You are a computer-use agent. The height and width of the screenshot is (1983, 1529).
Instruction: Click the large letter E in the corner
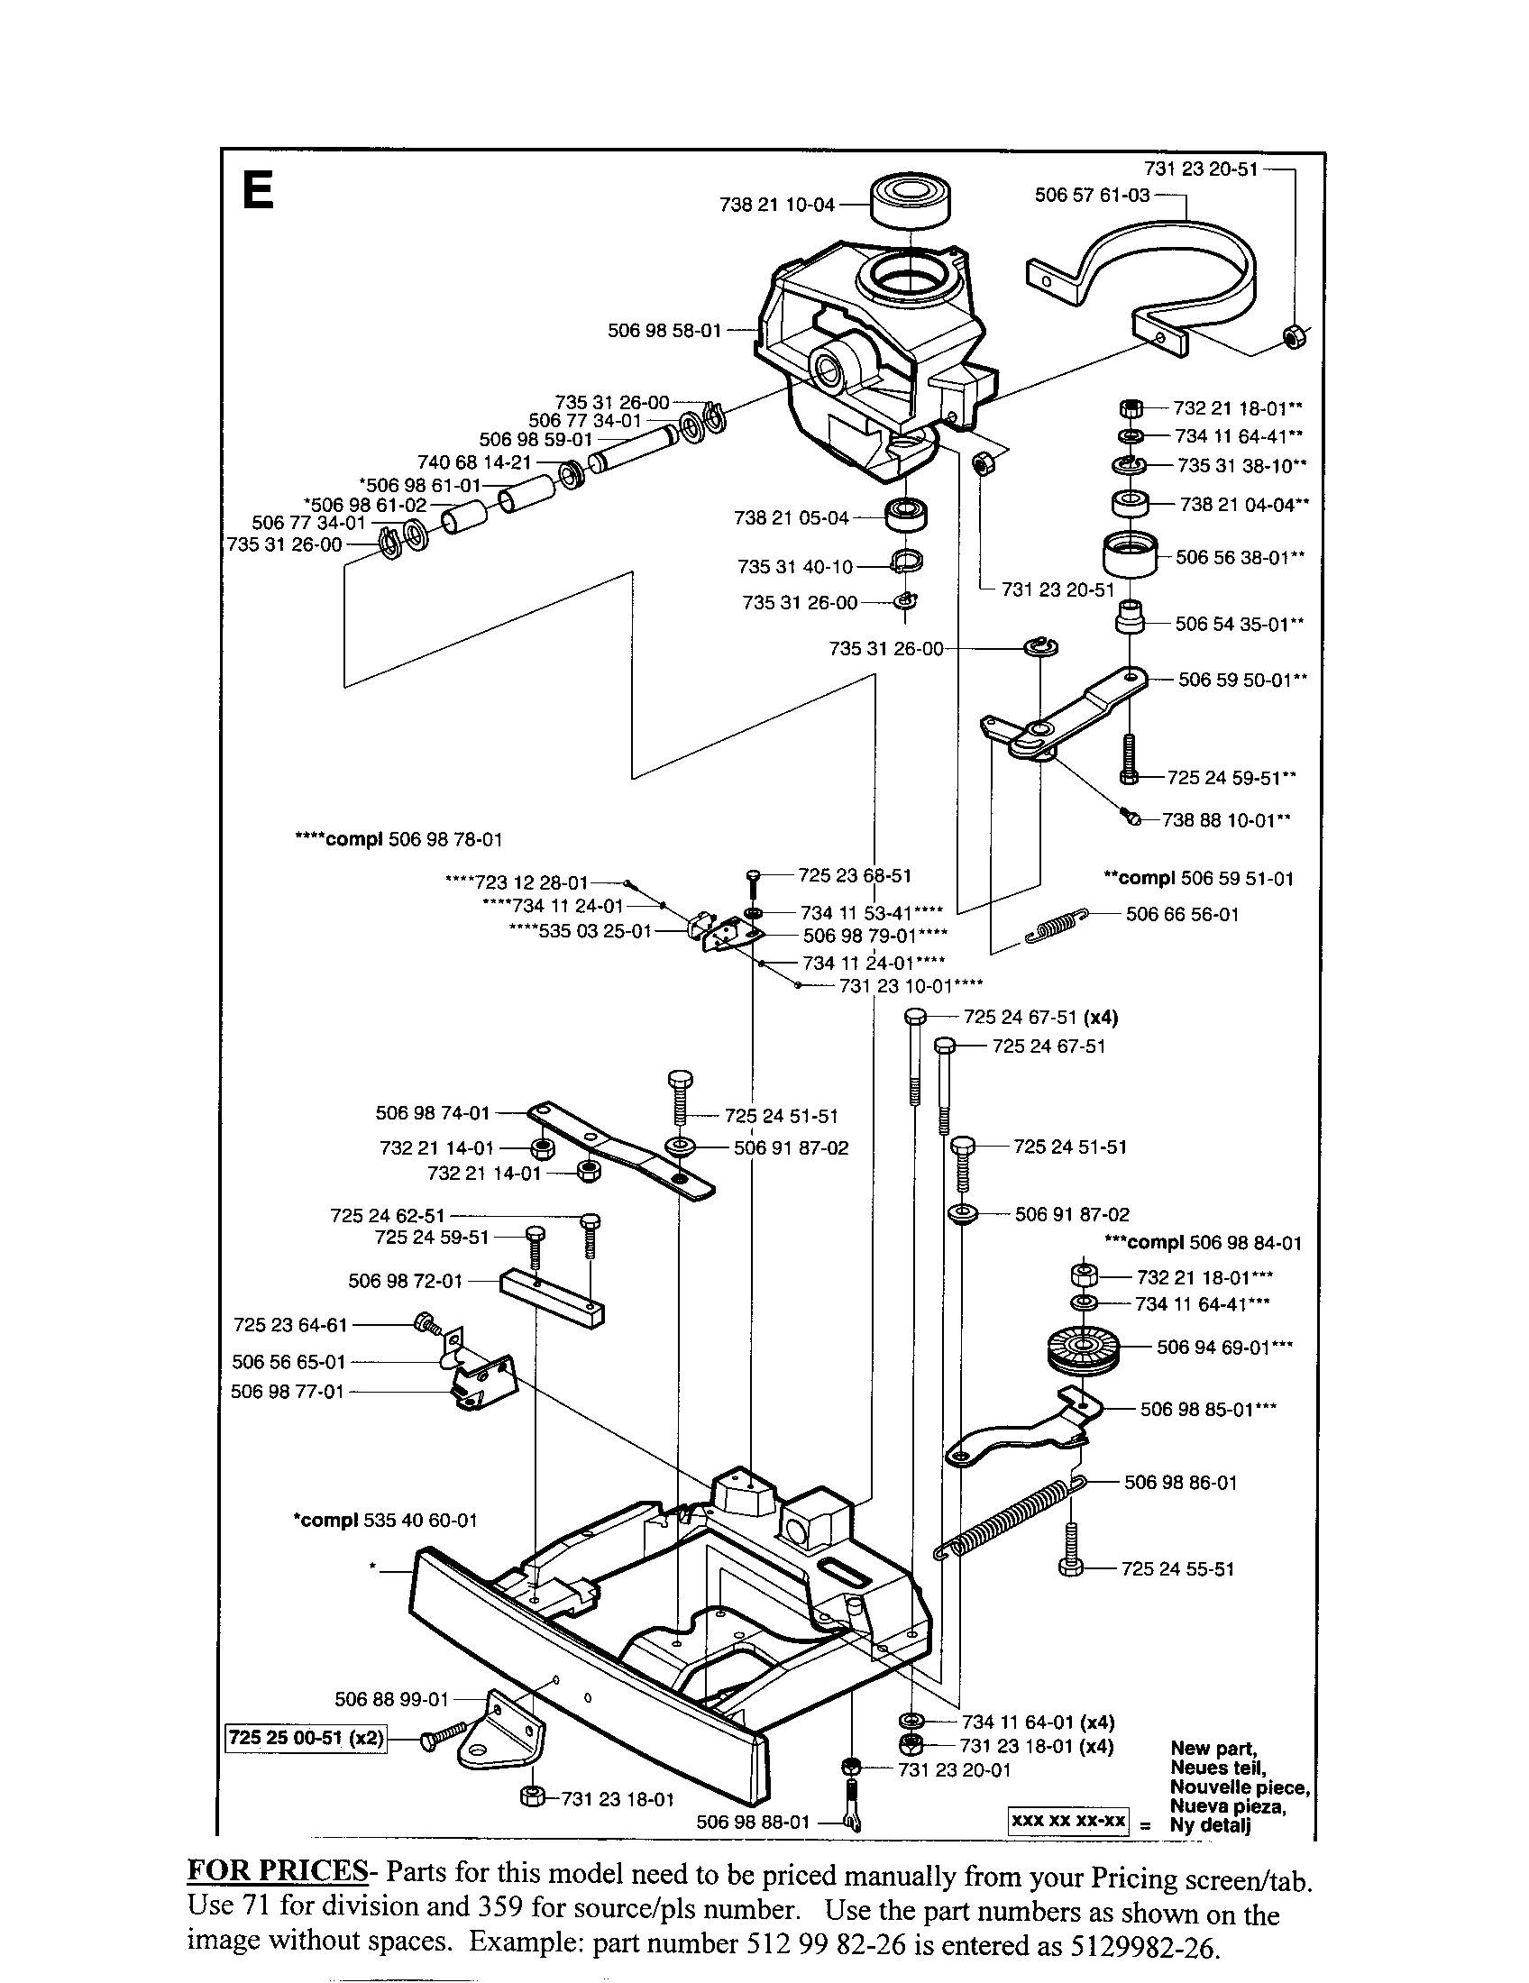coord(258,191)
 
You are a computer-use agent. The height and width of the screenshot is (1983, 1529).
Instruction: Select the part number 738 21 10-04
coord(776,206)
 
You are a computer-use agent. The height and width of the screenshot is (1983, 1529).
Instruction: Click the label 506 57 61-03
coord(1093,196)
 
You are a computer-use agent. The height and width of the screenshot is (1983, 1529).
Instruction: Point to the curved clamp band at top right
coord(1171,263)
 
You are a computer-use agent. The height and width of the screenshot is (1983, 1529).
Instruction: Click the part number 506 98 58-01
coord(664,331)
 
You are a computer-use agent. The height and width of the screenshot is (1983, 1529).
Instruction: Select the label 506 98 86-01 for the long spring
coord(1180,1483)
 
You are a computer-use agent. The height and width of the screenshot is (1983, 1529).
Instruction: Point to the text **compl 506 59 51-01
coord(1197,878)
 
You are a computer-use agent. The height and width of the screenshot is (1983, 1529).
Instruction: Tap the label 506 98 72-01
coord(405,1281)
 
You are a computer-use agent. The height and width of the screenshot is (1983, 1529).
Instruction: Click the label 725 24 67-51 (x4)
coord(1040,1017)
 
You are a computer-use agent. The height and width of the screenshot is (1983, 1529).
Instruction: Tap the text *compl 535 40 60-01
coord(384,1520)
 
